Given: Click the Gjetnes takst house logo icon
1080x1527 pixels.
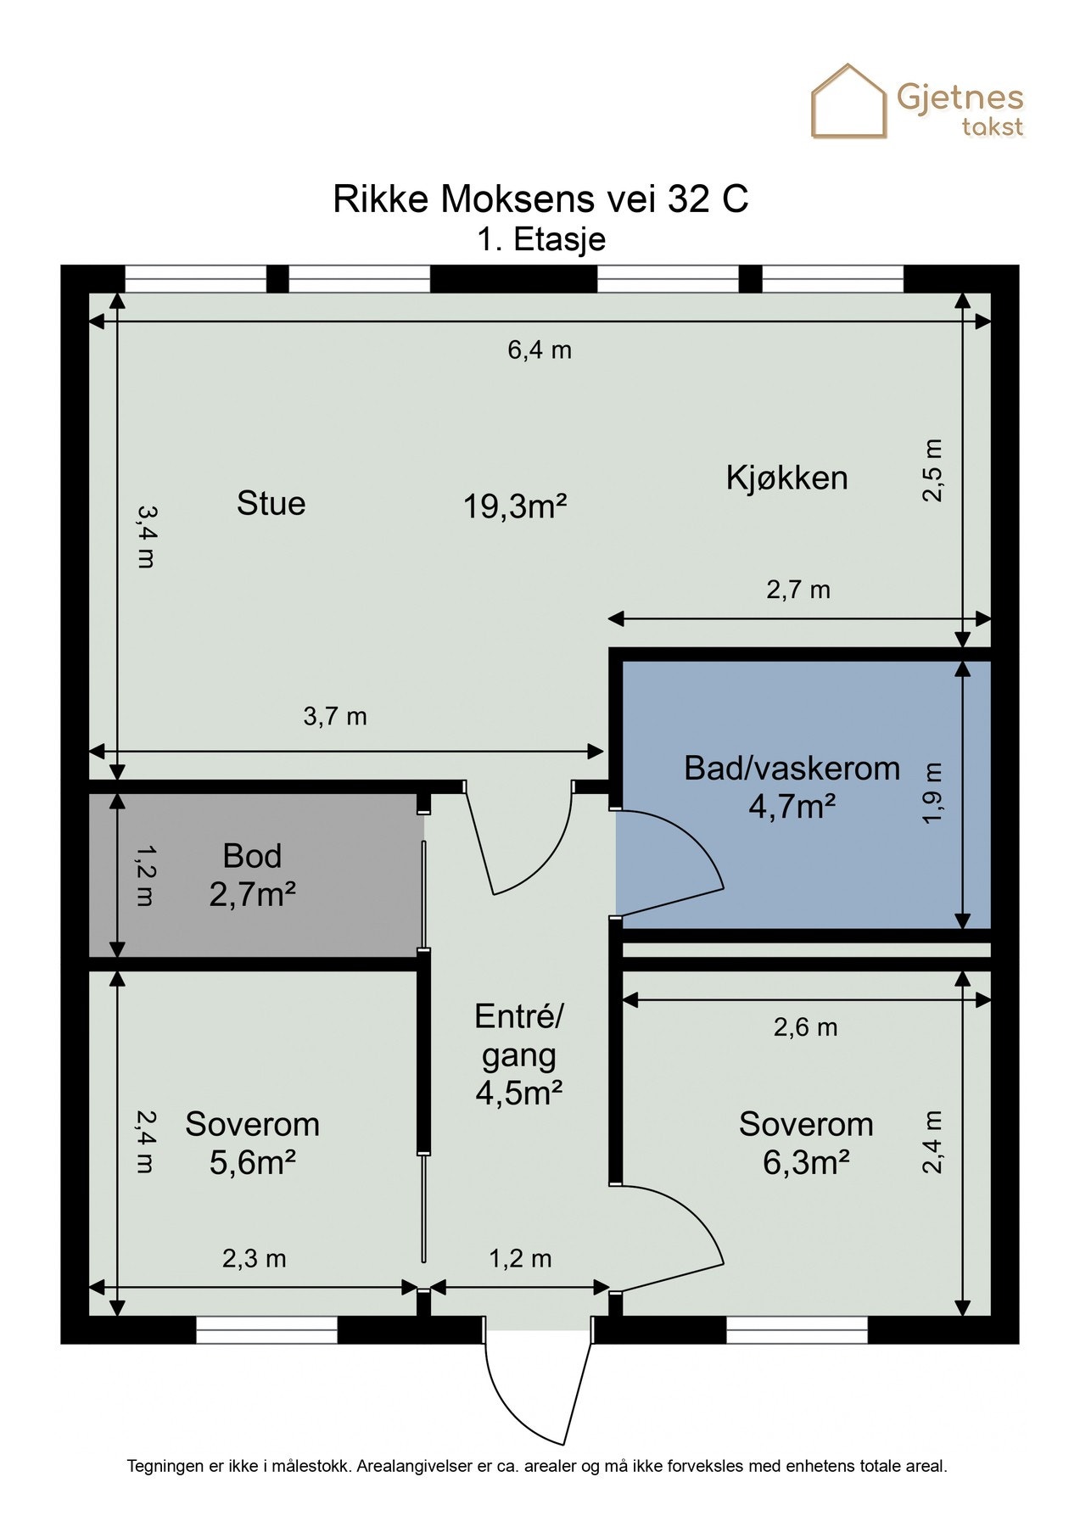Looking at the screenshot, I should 848,102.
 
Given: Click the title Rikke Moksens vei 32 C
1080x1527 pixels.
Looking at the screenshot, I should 540,199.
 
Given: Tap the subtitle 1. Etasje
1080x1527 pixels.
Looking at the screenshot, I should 540,239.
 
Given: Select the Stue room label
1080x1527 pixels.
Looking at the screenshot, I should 271,503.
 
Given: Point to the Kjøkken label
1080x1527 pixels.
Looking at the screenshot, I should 786,478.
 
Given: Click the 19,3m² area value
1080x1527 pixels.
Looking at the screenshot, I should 514,506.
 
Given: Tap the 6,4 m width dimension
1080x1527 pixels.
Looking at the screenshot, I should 540,350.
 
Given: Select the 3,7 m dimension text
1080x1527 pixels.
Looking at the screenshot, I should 335,717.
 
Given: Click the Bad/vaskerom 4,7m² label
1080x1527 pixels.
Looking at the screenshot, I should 792,786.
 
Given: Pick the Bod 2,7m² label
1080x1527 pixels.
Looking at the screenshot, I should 252,875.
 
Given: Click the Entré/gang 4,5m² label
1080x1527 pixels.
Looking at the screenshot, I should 518,1054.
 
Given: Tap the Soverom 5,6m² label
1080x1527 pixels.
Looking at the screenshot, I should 252,1143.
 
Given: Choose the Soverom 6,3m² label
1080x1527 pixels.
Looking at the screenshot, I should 805,1143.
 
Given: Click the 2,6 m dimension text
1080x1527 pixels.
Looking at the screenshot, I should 805,1027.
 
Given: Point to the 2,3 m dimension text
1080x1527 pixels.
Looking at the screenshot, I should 254,1258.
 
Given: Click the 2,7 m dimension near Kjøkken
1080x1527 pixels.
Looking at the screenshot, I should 798,590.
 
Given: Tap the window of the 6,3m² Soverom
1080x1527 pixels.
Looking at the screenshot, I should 797,1329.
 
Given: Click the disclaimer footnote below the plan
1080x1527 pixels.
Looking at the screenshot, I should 537,1465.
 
